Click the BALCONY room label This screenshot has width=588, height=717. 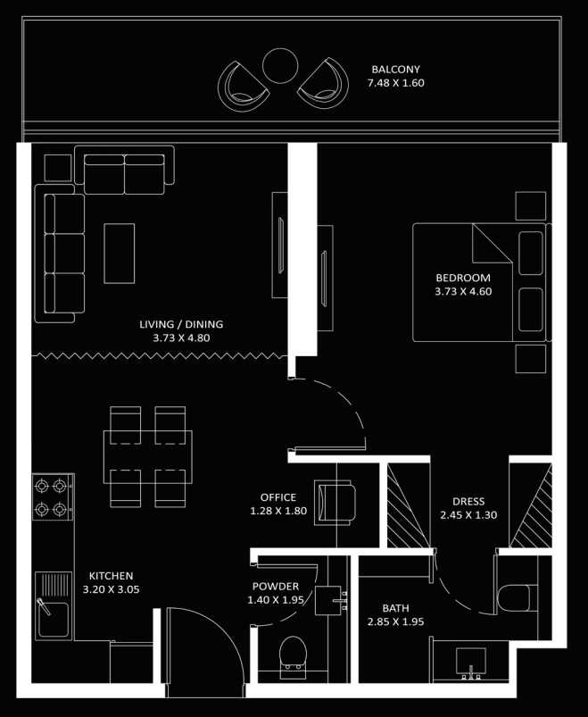tap(395, 70)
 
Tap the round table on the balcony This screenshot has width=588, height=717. tap(280, 66)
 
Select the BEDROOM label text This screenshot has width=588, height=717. tap(463, 278)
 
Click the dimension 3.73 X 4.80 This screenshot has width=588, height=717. tap(181, 338)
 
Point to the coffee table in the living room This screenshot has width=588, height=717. tap(120, 254)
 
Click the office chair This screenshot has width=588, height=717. tap(335, 502)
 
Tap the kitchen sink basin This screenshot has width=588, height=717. tap(54, 619)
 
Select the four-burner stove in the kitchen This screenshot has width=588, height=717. tap(53, 496)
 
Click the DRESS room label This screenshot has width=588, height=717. tap(468, 502)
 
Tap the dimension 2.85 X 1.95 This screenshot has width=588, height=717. tap(395, 621)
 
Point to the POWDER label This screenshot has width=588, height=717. tap(276, 587)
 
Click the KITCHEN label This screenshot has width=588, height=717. tap(111, 576)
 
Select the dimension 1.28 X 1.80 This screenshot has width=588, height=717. tap(278, 511)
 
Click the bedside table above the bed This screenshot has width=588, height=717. tap(531, 206)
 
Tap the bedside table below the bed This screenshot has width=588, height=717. tap(531, 359)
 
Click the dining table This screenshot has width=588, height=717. tap(147, 457)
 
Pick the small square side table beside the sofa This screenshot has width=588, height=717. tap(58, 168)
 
